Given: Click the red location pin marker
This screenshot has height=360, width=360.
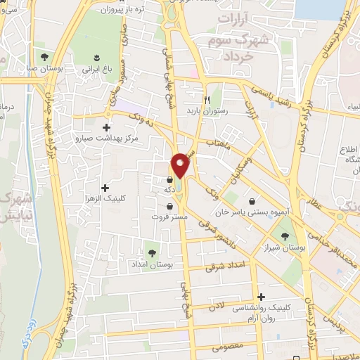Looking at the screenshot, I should (181, 165).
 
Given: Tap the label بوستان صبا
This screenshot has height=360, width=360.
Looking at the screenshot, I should (44, 69).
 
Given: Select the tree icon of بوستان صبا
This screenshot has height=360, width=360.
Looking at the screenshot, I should (44, 56).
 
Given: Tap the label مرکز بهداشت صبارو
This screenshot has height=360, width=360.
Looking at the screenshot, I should (107, 138).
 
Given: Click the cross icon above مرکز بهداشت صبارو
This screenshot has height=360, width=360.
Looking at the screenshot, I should (106, 127).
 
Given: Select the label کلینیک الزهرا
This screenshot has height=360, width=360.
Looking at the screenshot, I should (106, 199).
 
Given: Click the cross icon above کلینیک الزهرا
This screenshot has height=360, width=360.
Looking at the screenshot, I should (105, 188).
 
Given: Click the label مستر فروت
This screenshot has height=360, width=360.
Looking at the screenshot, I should (170, 217).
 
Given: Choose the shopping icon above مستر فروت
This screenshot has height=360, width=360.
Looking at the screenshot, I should (170, 206).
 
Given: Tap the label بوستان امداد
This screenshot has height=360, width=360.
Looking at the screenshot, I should (152, 264).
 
